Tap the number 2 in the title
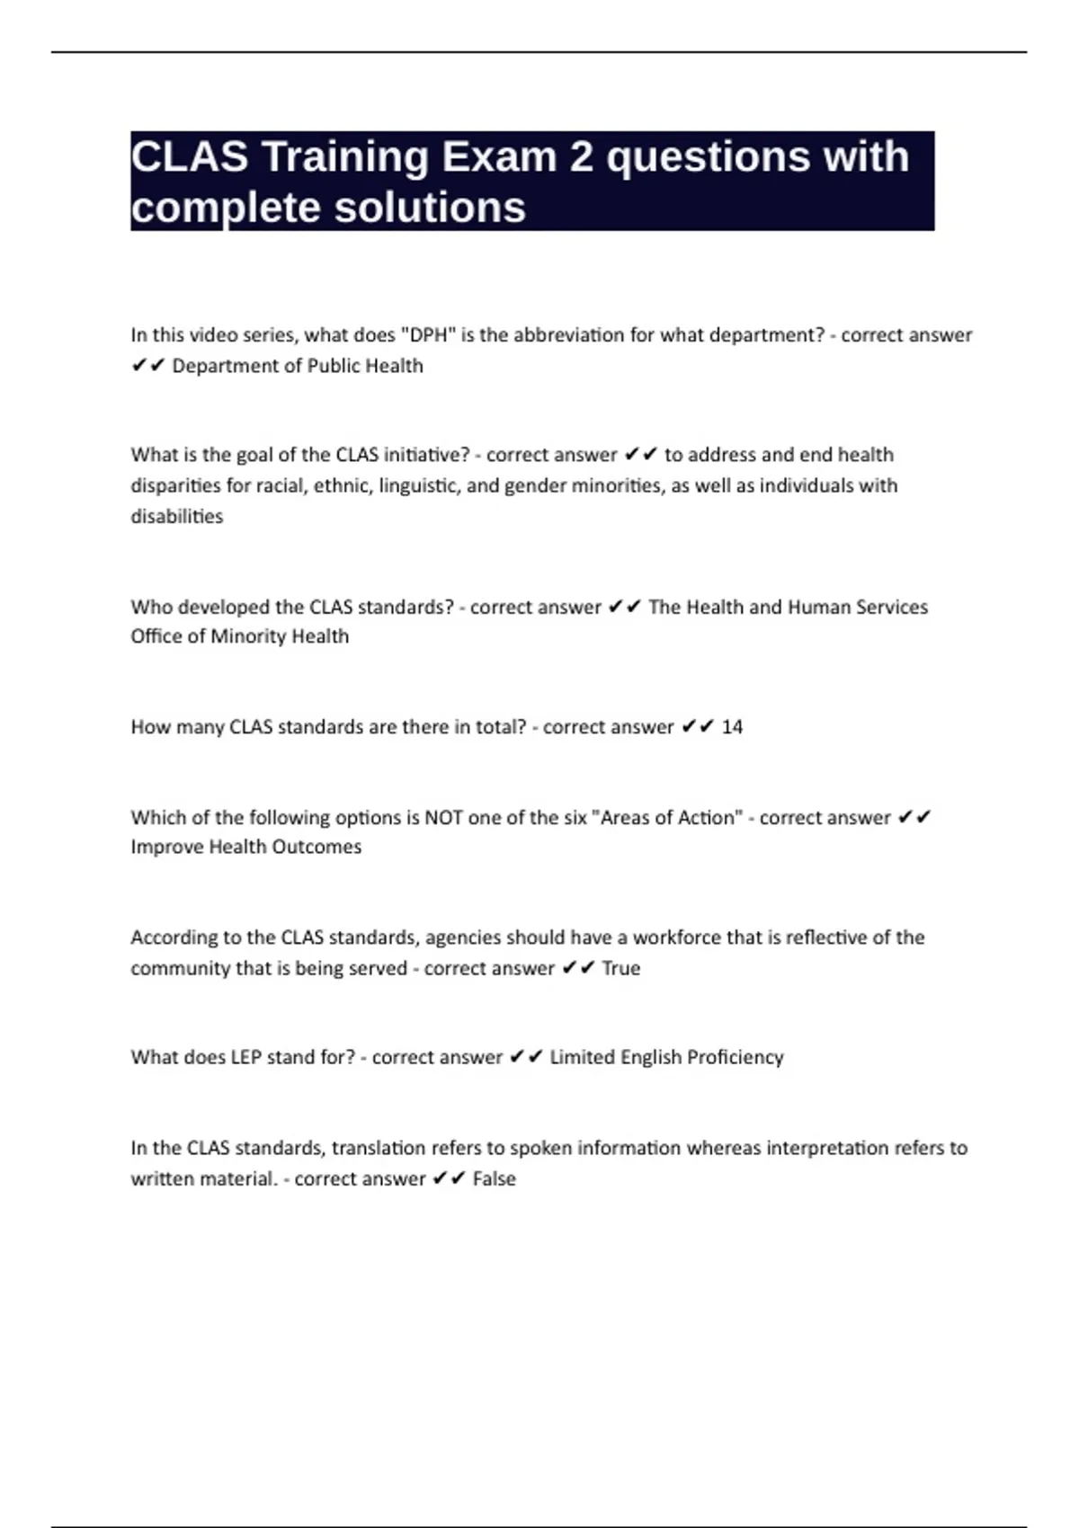click(x=581, y=157)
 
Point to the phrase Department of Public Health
click(x=298, y=366)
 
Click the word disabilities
click(x=177, y=516)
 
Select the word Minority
click(x=253, y=636)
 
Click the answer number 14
click(x=732, y=726)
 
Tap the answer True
click(x=621, y=968)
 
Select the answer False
click(x=495, y=1178)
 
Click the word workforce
click(x=676, y=937)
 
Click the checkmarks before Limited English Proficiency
click(x=526, y=1057)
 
